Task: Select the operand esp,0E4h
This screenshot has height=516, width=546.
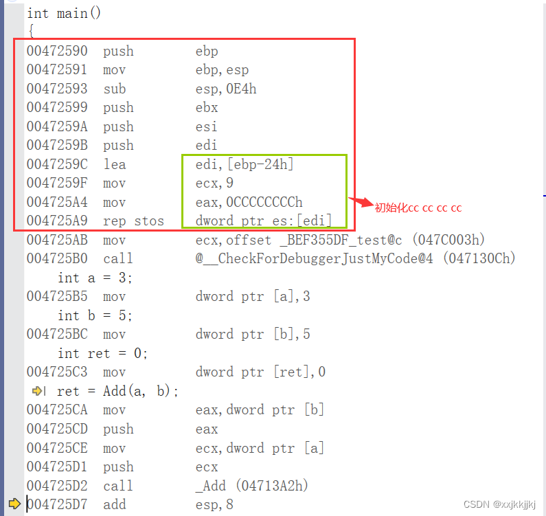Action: click(226, 89)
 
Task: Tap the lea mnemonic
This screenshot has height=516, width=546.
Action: click(115, 165)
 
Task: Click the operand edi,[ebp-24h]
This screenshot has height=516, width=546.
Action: click(246, 165)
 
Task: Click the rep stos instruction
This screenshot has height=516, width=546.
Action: click(133, 221)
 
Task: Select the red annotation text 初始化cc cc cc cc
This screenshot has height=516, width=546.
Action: click(418, 207)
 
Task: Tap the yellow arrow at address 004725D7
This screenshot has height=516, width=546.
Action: click(14, 504)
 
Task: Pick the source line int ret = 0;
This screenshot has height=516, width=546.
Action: click(103, 354)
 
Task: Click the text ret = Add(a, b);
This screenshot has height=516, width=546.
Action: click(117, 391)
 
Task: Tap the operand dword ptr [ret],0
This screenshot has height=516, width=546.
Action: click(260, 372)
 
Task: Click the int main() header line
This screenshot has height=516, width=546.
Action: click(64, 13)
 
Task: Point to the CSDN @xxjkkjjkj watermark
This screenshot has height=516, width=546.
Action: click(499, 504)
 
